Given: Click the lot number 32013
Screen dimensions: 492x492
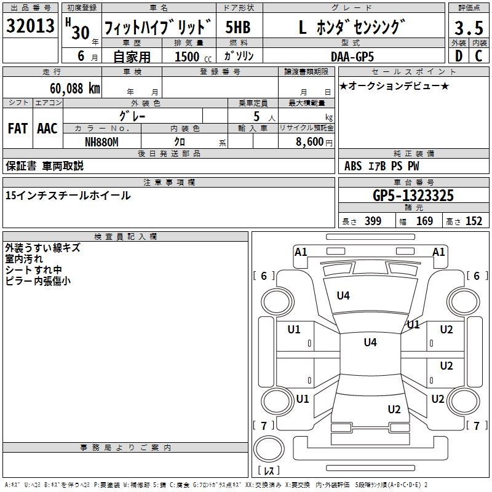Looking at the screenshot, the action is pyautogui.click(x=30, y=28).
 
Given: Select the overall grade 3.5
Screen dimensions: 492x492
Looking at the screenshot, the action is pyautogui.click(x=468, y=28).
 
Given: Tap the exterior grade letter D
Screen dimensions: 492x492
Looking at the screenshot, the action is pyautogui.click(x=458, y=55).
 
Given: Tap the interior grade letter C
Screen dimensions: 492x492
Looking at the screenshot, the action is pyautogui.click(x=478, y=55).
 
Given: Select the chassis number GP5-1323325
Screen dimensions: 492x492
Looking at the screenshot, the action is pyautogui.click(x=413, y=196).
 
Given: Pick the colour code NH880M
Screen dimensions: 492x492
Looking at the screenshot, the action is pyautogui.click(x=101, y=141).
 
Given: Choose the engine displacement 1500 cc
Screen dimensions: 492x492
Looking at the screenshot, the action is pyautogui.click(x=188, y=57).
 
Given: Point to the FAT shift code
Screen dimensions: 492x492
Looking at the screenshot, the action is pyautogui.click(x=18, y=129).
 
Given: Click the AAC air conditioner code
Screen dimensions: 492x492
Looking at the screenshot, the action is pyautogui.click(x=47, y=129).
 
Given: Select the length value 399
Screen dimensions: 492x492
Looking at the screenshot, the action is pyautogui.click(x=373, y=221).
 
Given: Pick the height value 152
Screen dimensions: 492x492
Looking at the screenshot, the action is pyautogui.click(x=474, y=221).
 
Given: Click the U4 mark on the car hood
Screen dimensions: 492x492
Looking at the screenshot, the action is pyautogui.click(x=343, y=296).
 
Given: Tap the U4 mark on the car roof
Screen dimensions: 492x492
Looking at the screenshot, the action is pyautogui.click(x=370, y=343).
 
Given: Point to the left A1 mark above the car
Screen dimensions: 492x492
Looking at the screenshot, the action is pyautogui.click(x=301, y=252).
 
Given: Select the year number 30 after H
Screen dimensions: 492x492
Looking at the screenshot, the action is pyautogui.click(x=81, y=31).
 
